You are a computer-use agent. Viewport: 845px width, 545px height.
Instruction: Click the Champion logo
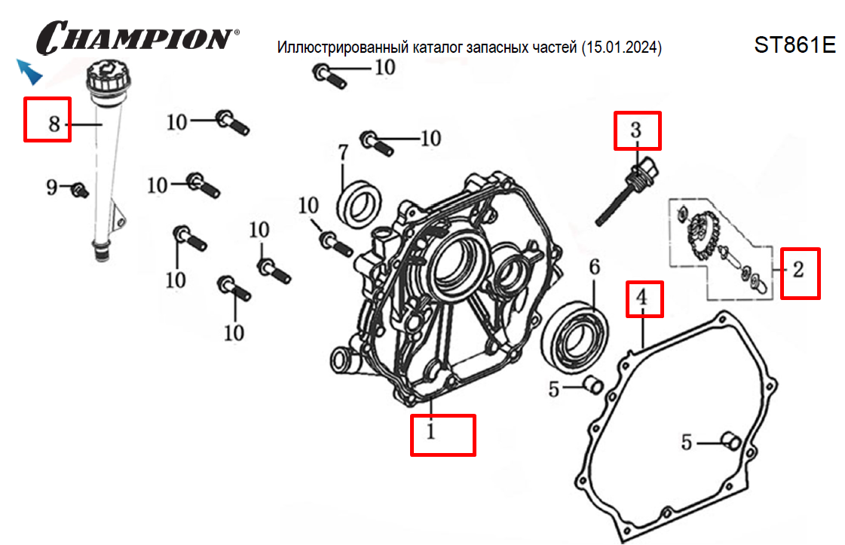pos(139,36)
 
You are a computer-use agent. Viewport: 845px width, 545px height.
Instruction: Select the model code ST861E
pos(794,45)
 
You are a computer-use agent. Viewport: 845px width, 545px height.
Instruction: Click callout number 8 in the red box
pos(54,123)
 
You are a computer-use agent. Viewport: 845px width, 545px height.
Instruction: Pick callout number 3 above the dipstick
pos(635,130)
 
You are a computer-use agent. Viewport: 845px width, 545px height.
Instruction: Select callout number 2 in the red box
pos(799,268)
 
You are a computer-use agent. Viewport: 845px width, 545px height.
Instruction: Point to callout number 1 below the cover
pos(430,433)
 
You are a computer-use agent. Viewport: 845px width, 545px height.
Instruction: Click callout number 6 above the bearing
pos(594,267)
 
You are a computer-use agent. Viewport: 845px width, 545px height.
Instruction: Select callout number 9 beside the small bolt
pos(52,187)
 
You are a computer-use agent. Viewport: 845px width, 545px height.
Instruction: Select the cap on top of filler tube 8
pos(105,77)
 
